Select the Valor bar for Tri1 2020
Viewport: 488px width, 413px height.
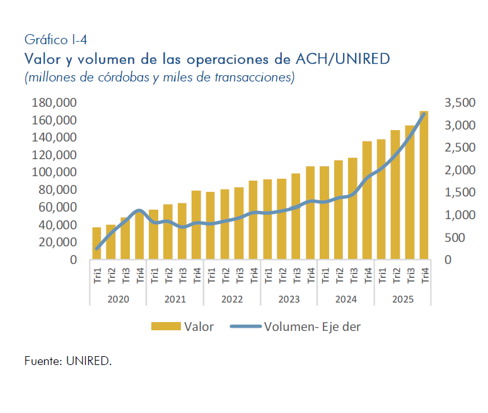click(96, 244)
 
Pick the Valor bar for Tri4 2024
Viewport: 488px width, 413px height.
click(367, 201)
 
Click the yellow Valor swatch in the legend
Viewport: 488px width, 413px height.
click(165, 326)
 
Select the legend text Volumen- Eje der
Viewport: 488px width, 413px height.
click(312, 326)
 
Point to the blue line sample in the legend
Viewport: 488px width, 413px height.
click(246, 326)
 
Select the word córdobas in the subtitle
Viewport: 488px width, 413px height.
click(122, 78)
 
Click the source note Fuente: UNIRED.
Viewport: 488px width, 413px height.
click(68, 361)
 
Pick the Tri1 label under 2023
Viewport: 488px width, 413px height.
click(268, 276)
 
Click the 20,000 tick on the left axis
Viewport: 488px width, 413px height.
click(56, 242)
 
